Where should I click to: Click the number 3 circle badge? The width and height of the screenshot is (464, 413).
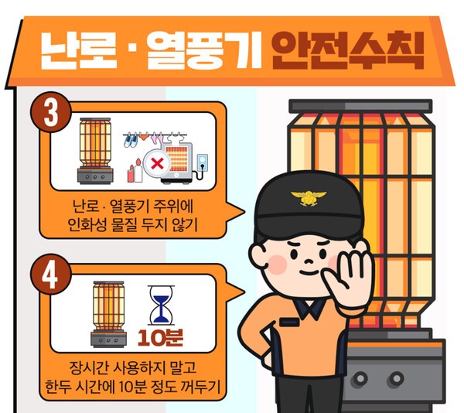point(51,112)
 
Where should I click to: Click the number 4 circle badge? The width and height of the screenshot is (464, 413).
point(50,274)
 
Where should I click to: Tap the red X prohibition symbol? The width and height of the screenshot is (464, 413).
point(157,163)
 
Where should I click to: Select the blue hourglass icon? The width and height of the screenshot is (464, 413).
point(161,305)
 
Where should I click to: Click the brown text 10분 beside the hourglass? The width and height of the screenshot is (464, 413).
point(160,337)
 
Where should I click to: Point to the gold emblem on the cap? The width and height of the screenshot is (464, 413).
point(309,198)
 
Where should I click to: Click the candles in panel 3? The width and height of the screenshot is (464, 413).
point(135,171)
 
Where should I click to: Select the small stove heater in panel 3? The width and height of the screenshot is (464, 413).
point(95,151)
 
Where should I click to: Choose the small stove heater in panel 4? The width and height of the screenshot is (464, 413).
point(108,314)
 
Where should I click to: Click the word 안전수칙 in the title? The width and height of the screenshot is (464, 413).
point(348,50)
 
